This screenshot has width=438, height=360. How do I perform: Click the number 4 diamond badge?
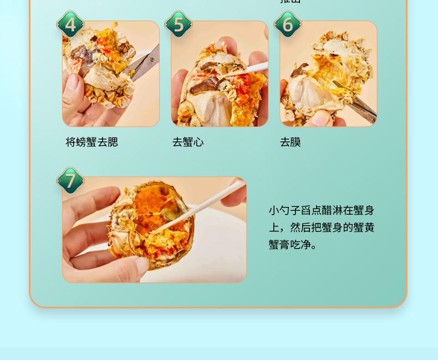click(x=70, y=24)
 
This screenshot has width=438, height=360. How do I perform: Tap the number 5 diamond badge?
click(x=178, y=24)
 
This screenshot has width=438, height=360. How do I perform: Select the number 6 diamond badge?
click(x=287, y=24)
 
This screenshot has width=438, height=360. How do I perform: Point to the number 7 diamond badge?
click(x=70, y=181)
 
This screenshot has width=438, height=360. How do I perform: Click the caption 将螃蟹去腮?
click(x=91, y=143)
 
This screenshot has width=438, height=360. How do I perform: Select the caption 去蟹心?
click(x=187, y=143)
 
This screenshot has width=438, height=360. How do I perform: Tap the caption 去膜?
click(x=290, y=143)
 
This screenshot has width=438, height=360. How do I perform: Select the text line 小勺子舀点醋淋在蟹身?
click(x=321, y=210)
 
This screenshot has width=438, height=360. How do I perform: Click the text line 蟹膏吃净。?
click(x=293, y=245)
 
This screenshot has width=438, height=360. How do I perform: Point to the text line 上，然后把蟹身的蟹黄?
click(x=321, y=227)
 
